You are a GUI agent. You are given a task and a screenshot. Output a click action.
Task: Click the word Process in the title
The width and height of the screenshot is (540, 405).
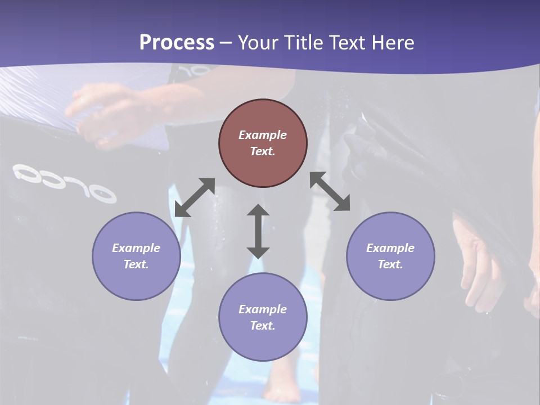[177, 42]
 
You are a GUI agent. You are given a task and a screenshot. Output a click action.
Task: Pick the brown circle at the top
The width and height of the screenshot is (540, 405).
[263, 143]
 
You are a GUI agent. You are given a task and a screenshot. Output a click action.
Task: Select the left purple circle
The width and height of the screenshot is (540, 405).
[136, 256]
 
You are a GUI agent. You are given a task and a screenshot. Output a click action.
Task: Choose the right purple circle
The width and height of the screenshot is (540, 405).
[390, 256]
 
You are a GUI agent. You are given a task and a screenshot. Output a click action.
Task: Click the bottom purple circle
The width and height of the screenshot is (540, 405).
[263, 317]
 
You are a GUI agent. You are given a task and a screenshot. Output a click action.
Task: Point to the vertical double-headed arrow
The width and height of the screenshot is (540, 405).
[258, 231]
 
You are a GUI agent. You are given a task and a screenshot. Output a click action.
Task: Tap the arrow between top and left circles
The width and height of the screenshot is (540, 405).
[195, 197]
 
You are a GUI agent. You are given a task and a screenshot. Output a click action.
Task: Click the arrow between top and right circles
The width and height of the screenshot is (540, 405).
[330, 191]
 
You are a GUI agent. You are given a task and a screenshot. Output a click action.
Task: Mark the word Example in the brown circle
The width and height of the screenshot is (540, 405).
[263, 135]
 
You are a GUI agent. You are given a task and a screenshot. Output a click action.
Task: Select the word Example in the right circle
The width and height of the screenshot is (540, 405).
[390, 248]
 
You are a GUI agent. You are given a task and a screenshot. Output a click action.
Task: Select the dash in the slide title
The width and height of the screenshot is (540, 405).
[226, 43]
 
